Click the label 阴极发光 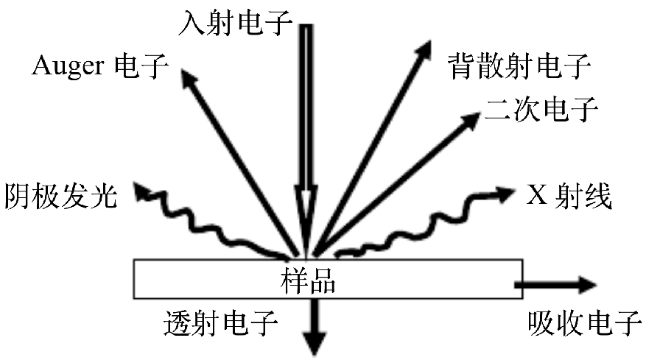(x=60, y=195)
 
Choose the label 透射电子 (x=220, y=322)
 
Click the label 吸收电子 (x=586, y=322)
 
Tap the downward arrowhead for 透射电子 (x=316, y=340)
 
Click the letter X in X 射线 (x=536, y=195)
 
